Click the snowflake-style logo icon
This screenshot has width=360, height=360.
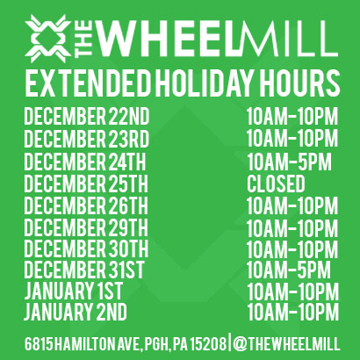[x=48, y=39]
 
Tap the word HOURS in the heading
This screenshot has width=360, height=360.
[x=299, y=83]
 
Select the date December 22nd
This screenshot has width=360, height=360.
[x=87, y=116]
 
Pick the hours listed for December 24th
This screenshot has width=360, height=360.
[x=289, y=162]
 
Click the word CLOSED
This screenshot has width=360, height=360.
[x=276, y=184]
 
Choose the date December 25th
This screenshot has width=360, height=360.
[x=86, y=184]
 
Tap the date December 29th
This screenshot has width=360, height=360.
[x=86, y=227]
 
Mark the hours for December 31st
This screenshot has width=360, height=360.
[x=289, y=270]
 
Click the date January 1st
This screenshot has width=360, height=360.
[x=73, y=291]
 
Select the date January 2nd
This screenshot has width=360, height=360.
[x=76, y=312]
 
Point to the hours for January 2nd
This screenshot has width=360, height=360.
[x=293, y=312]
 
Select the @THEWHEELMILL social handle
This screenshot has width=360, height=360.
[x=286, y=343]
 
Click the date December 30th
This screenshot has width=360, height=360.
[x=86, y=248]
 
